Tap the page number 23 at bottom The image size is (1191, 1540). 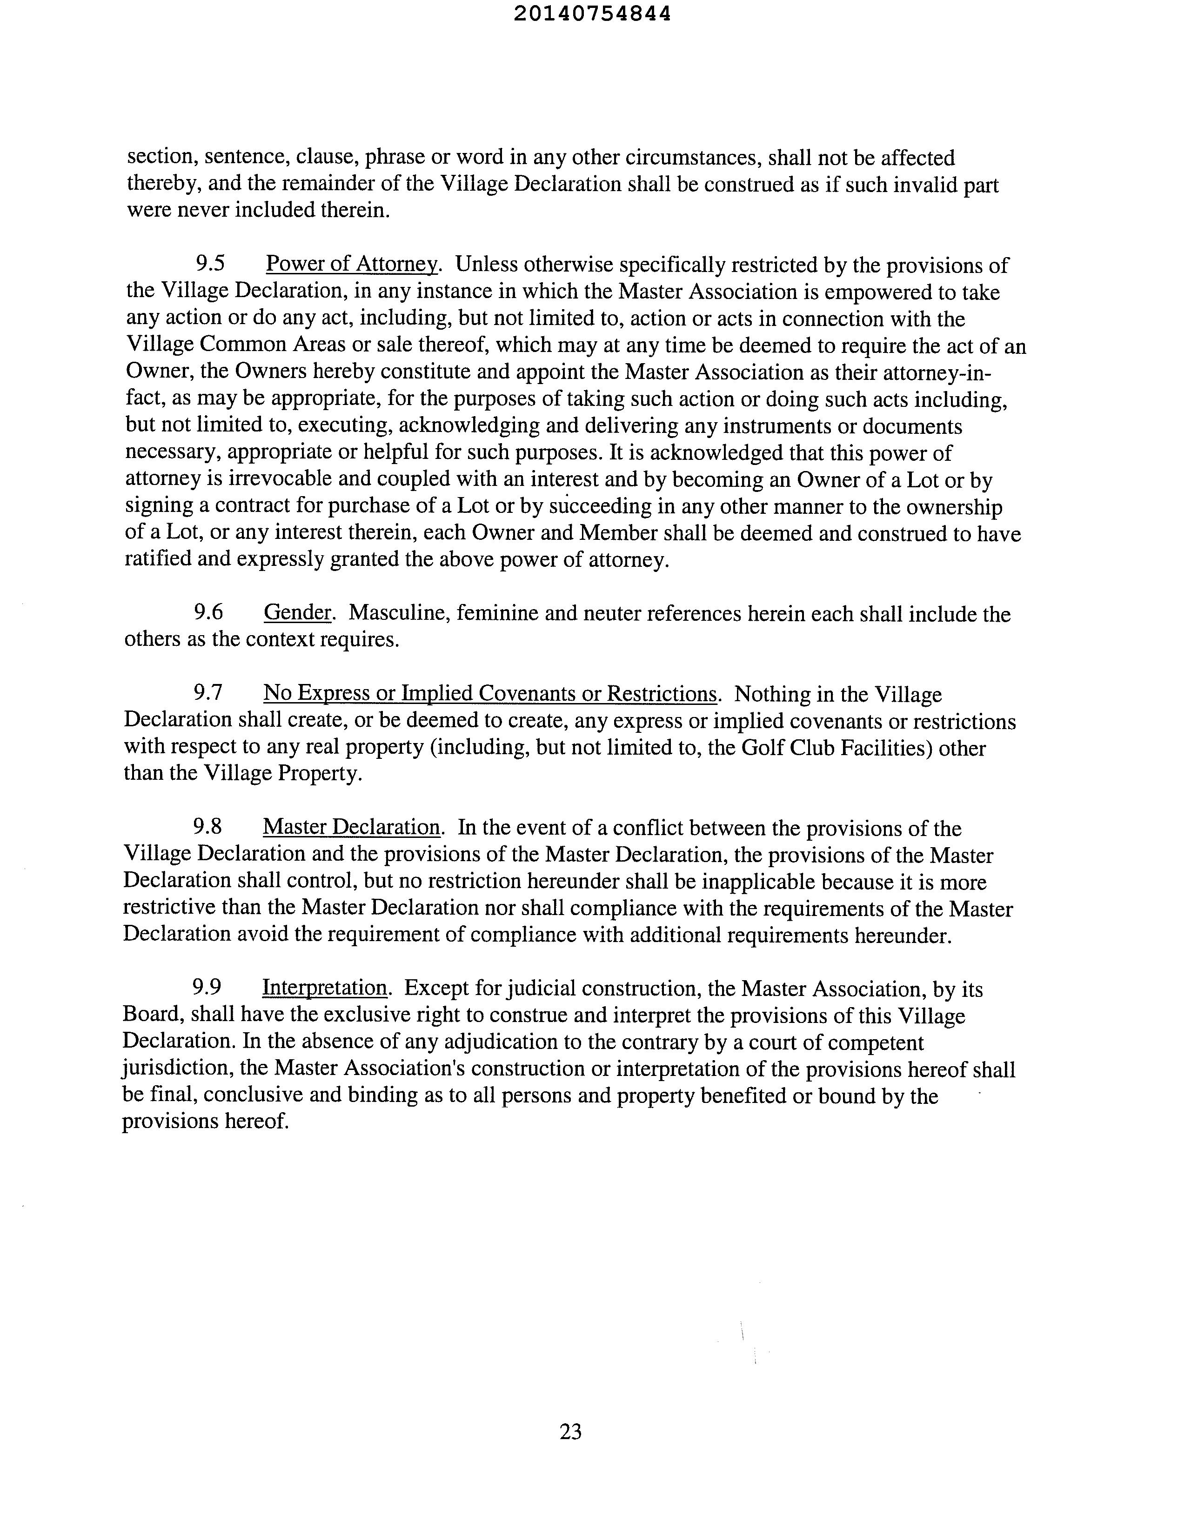pyautogui.click(x=570, y=1431)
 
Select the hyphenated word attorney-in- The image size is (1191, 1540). pyautogui.click(x=933, y=372)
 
